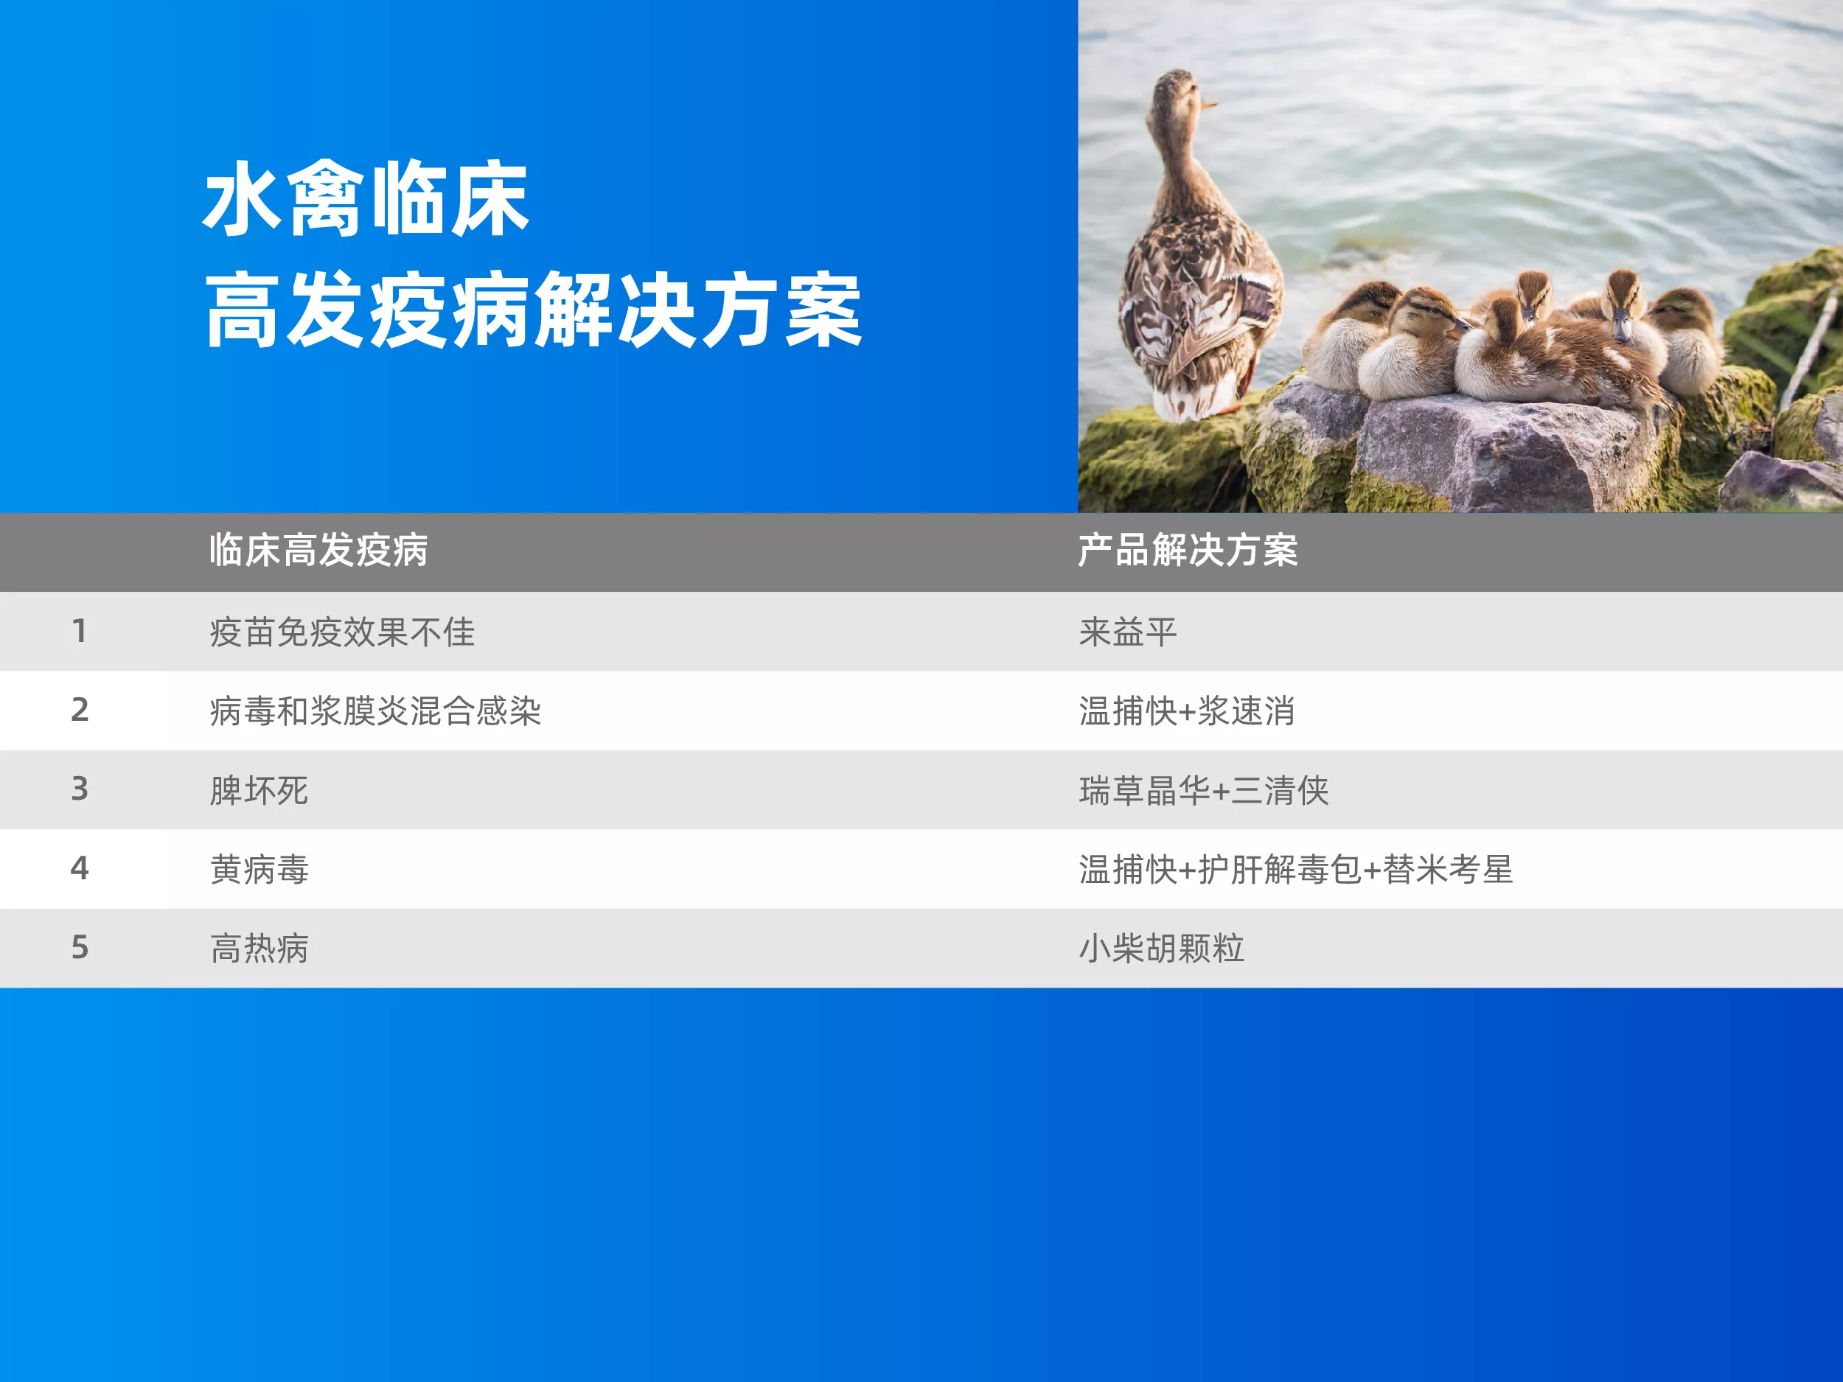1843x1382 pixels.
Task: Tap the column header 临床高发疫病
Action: pyautogui.click(x=318, y=550)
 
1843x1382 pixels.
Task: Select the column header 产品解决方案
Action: pyautogui.click(x=1188, y=550)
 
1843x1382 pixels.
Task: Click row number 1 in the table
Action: pyautogui.click(x=79, y=631)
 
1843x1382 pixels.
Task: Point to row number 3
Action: pyautogui.click(x=79, y=788)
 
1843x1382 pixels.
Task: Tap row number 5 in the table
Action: pyautogui.click(x=79, y=946)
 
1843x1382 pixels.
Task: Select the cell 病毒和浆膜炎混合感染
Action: pyautogui.click(x=376, y=711)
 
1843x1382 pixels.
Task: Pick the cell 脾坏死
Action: pyautogui.click(x=259, y=789)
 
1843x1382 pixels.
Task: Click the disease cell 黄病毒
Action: pyautogui.click(x=259, y=869)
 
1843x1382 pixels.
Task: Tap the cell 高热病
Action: pyautogui.click(x=259, y=948)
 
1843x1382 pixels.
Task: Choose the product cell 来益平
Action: pyautogui.click(x=1128, y=632)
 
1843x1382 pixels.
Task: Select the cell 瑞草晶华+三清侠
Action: pyautogui.click(x=1204, y=789)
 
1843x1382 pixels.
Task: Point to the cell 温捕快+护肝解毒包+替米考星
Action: pyautogui.click(x=1295, y=869)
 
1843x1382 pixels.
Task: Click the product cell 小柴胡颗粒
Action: pyautogui.click(x=1161, y=948)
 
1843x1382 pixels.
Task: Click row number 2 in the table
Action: pyautogui.click(x=79, y=709)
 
